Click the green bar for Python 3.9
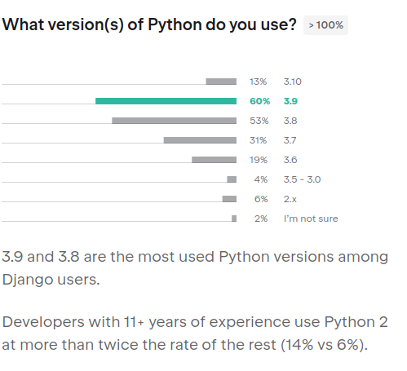point(166,101)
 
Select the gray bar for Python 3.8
point(174,121)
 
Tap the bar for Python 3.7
point(200,140)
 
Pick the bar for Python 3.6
point(214,160)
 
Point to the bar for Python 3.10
point(221,82)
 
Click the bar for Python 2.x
point(229,199)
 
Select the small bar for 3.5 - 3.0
point(232,179)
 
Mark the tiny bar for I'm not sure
point(234,219)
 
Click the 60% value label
point(259,101)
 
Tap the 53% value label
point(259,121)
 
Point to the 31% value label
point(259,140)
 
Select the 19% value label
point(259,160)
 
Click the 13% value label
point(259,82)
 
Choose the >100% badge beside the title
point(326,25)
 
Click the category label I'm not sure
point(310,219)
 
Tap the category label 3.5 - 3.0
point(302,179)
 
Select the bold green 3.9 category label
point(290,101)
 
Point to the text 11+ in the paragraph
point(131,320)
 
